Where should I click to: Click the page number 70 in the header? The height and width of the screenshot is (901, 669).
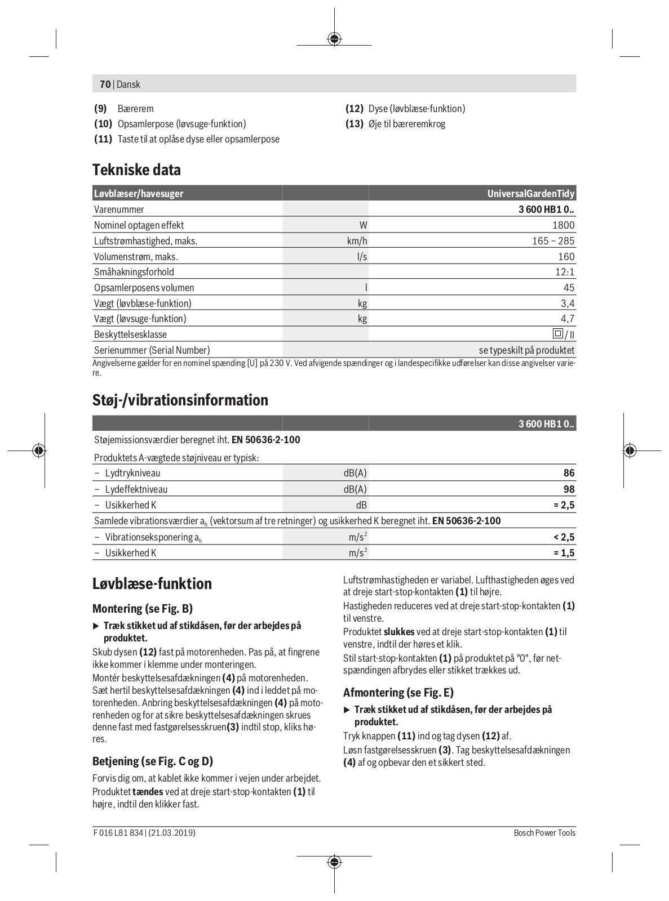click(105, 84)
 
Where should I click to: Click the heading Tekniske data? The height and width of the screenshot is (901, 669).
click(136, 170)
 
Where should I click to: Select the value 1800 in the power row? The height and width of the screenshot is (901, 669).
click(563, 225)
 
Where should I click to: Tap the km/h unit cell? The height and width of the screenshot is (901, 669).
click(357, 241)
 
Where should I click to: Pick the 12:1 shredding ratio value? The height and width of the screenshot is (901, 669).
click(564, 272)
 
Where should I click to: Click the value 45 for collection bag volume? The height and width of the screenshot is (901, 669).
click(569, 288)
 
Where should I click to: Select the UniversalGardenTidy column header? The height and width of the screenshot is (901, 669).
click(530, 194)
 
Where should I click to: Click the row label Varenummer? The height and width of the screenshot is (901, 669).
click(119, 209)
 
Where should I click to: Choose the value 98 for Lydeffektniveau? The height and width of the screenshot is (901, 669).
click(569, 489)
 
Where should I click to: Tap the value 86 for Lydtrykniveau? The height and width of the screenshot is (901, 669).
click(569, 473)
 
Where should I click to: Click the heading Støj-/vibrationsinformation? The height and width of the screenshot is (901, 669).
click(180, 400)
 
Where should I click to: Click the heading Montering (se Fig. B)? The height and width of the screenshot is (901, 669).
click(143, 609)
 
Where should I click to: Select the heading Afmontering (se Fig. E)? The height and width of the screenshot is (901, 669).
click(398, 693)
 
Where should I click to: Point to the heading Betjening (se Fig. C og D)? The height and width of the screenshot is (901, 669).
click(153, 761)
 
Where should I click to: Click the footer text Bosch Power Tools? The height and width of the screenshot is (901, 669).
click(544, 833)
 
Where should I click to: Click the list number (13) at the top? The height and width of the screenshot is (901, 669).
click(354, 124)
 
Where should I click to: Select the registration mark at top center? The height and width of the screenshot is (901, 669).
click(334, 39)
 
